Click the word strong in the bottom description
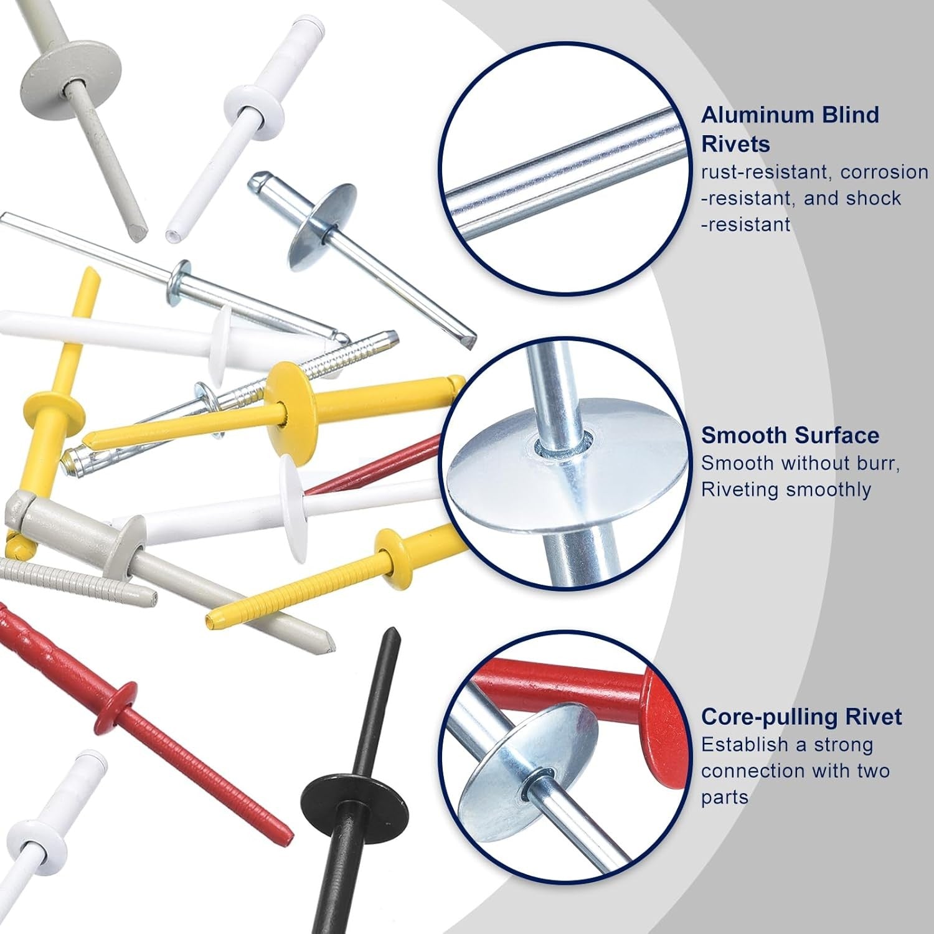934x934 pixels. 843,745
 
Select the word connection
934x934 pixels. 752,771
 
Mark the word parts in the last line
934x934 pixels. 725,798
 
